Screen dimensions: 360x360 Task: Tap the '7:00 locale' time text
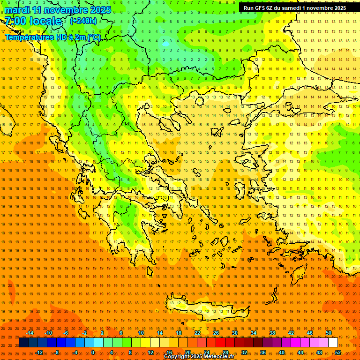click(x=33, y=21)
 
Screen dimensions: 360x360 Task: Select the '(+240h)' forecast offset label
click(x=83, y=21)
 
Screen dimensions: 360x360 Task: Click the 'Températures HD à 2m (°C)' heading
click(x=52, y=37)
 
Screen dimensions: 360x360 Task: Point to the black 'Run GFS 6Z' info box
click(x=294, y=7)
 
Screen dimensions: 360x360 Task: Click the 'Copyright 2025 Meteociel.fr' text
click(x=199, y=357)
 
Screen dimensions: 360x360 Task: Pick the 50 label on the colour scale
click(x=329, y=333)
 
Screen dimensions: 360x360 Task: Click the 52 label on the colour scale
click(x=338, y=352)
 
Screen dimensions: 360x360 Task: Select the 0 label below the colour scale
click(x=93, y=352)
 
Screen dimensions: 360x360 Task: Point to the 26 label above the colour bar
click(x=216, y=333)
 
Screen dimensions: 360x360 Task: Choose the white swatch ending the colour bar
click(x=333, y=342)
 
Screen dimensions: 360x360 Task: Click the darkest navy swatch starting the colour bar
click(x=23, y=342)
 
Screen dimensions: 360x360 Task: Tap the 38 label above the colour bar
click(x=272, y=333)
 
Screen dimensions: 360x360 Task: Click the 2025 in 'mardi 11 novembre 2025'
click(x=101, y=10)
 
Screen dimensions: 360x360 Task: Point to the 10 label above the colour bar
click(x=141, y=333)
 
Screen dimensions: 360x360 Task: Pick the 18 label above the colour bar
click(x=179, y=333)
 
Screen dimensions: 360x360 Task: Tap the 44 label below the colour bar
click(x=300, y=352)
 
